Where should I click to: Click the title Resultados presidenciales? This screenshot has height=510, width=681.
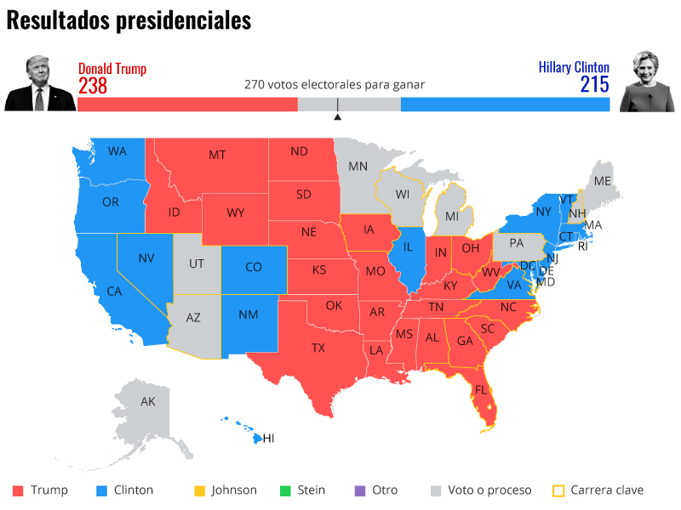129,20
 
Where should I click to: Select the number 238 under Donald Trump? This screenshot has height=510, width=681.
93,86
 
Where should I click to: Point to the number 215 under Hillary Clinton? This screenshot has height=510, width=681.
595,84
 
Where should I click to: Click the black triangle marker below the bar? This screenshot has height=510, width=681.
337,116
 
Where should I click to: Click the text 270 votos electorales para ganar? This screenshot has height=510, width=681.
335,85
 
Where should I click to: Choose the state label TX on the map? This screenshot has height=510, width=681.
318,348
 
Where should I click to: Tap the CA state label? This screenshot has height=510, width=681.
114,291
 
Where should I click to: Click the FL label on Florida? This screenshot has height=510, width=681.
482,390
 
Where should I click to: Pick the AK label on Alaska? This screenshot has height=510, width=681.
148,401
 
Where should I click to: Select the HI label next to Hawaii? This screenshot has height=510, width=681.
268,439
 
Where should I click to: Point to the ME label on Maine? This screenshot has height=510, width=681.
603,181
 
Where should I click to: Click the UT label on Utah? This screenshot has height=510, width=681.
197,263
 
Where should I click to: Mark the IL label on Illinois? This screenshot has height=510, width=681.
408,247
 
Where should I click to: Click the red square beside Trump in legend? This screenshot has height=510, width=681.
18,490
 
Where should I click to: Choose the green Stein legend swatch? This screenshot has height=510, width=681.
286,490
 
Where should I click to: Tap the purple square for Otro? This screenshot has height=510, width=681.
359,490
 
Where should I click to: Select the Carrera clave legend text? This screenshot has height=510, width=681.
607,490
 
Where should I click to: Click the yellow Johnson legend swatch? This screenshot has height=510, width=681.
200,490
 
